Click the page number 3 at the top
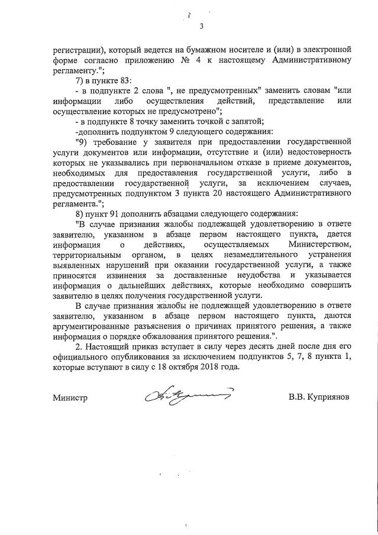[x=201, y=26]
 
